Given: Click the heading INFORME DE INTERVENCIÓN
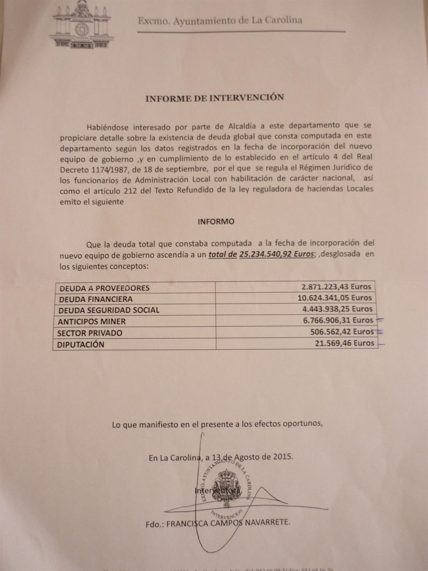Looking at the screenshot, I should (x=215, y=98).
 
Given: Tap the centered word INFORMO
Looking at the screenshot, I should (x=216, y=222).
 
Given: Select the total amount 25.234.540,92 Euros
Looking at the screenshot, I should (x=277, y=254).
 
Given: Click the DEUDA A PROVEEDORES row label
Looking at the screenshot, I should (x=104, y=288).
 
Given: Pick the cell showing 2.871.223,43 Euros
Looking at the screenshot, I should (x=336, y=287).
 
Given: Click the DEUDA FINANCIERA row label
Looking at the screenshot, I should (x=96, y=299).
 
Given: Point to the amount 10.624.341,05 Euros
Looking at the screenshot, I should (x=335, y=298).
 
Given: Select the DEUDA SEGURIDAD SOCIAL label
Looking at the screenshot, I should (x=109, y=310).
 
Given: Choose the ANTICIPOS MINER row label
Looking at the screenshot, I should (x=92, y=322).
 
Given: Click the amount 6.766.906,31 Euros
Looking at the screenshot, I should (x=338, y=320).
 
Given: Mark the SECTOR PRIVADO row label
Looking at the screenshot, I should (x=90, y=333).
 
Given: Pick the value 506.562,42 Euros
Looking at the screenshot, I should (x=342, y=332).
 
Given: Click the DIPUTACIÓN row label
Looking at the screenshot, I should (x=81, y=345).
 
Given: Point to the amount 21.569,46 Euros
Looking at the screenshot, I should (x=344, y=343).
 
